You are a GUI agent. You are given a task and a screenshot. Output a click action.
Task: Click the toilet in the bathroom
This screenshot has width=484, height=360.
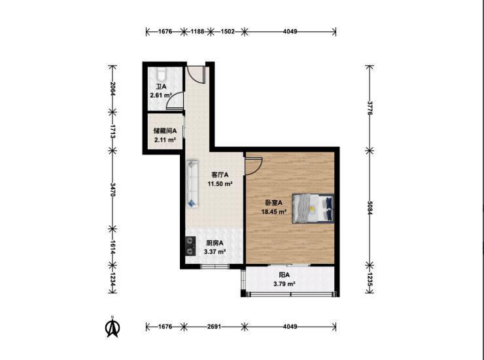pyautogui.click(x=161, y=75)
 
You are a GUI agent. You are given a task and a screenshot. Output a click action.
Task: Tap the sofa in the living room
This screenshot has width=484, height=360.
pyautogui.click(x=192, y=183)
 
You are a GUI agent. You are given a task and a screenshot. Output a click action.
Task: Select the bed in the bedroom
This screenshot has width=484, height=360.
pyautogui.click(x=313, y=208)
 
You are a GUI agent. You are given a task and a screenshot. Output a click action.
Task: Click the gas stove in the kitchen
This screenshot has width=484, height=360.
pyautogui.click(x=190, y=246)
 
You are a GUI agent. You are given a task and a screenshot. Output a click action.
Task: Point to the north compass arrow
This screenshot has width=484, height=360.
pyautogui.click(x=112, y=327)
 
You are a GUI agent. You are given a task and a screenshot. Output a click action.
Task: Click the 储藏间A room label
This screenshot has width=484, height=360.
pyautogui.click(x=165, y=131)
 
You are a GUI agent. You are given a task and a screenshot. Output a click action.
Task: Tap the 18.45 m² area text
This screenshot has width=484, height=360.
pyautogui.click(x=274, y=211)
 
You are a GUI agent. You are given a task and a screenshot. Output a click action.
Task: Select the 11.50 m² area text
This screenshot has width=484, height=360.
pyautogui.click(x=220, y=184)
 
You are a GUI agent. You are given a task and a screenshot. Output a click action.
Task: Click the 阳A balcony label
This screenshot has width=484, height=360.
pyautogui.click(x=285, y=275)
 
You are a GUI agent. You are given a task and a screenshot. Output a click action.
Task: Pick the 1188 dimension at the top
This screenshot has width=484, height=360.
pyautogui.click(x=198, y=31)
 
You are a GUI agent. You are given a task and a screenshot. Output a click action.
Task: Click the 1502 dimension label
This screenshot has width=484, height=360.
pyautogui.click(x=228, y=31)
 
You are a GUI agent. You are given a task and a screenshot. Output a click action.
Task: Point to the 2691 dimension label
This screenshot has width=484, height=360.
pyautogui.click(x=214, y=327)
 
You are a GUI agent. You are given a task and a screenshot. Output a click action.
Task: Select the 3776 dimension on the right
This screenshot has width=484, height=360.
pyautogui.click(x=370, y=107)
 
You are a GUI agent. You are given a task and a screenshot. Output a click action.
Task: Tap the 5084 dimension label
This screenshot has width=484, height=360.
pyautogui.click(x=370, y=208)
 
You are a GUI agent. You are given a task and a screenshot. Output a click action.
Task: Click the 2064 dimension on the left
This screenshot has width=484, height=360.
pyautogui.click(x=112, y=88)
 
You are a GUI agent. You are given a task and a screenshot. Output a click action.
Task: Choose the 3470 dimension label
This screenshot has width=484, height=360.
pyautogui.click(x=112, y=189)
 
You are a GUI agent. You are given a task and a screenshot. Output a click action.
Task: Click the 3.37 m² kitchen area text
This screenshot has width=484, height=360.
pyautogui.click(x=215, y=252)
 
